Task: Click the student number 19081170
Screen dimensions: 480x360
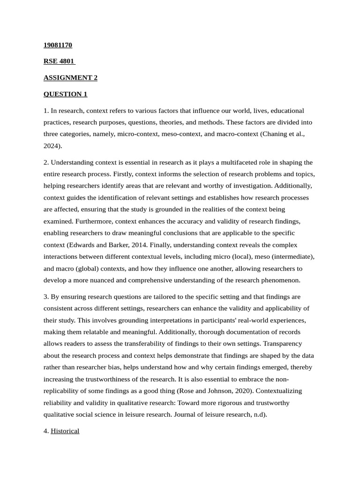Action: (58, 45)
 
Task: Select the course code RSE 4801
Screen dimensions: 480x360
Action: (59, 61)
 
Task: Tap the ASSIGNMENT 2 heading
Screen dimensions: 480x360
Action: (70, 77)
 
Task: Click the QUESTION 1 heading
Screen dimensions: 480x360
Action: (65, 94)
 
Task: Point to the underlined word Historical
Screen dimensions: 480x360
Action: (65, 431)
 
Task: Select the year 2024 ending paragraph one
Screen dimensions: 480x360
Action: (52, 146)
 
